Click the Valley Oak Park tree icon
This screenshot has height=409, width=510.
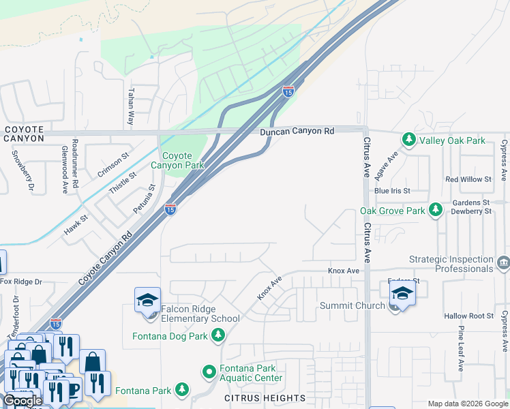408,140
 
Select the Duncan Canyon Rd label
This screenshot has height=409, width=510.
297,131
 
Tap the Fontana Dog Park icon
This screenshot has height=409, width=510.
218,335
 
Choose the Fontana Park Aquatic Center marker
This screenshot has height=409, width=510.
209,372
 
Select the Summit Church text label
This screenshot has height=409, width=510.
352,306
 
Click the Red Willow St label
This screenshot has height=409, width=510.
468,179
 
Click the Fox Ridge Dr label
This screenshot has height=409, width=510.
21,282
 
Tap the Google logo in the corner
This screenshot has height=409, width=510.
22,401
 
